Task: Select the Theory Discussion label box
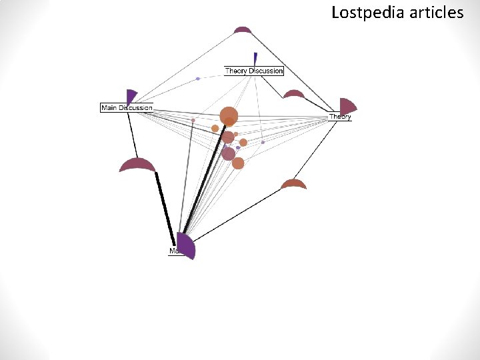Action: (x=254, y=71)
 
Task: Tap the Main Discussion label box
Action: (x=127, y=107)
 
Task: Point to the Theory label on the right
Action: (x=340, y=117)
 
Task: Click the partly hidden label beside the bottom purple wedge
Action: (x=173, y=251)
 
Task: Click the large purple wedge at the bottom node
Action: (x=185, y=246)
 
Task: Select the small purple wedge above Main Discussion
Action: (x=131, y=97)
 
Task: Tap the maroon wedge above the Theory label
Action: (x=347, y=106)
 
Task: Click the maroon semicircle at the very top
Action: (x=243, y=29)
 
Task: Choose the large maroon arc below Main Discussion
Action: (x=137, y=165)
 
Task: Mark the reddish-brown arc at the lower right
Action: (x=293, y=184)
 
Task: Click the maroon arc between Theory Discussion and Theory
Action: (x=294, y=95)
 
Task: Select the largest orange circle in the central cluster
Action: (x=229, y=115)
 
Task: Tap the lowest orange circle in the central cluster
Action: (x=238, y=163)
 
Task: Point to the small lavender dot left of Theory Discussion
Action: (x=198, y=79)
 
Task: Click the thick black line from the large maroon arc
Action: (x=165, y=207)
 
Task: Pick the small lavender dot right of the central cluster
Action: (x=263, y=142)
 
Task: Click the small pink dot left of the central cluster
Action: (x=193, y=120)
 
